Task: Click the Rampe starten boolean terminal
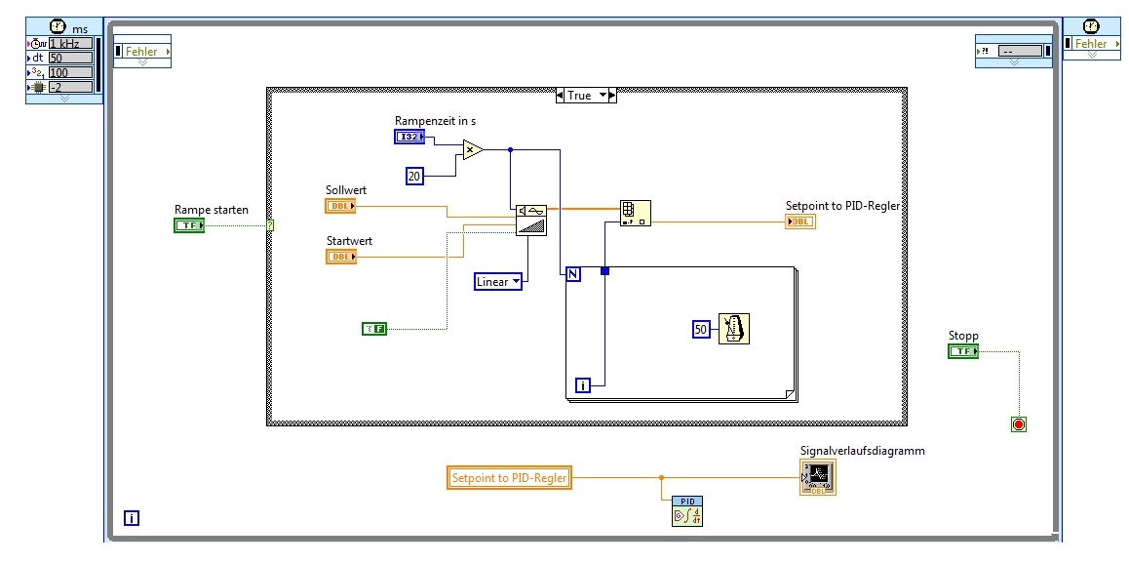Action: [x=188, y=225]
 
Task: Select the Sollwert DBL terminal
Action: [x=340, y=206]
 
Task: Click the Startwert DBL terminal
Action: [x=340, y=257]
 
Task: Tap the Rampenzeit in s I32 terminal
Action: [x=409, y=137]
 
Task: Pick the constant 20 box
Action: [x=414, y=176]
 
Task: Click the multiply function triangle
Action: [x=473, y=149]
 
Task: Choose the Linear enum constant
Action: [x=497, y=282]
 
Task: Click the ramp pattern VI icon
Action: [x=531, y=220]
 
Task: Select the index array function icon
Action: [x=635, y=213]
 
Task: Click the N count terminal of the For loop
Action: [x=573, y=274]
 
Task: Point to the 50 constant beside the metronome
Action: [x=701, y=329]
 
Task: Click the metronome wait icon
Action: [x=734, y=329]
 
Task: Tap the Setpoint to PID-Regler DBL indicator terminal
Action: [x=799, y=221]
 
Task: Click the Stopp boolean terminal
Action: [x=962, y=351]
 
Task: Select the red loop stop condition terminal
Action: [x=1019, y=424]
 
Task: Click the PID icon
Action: [x=686, y=511]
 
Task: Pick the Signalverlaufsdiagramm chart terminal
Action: [x=817, y=477]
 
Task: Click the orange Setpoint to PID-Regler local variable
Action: [x=510, y=478]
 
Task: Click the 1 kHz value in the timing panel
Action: [x=70, y=43]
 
